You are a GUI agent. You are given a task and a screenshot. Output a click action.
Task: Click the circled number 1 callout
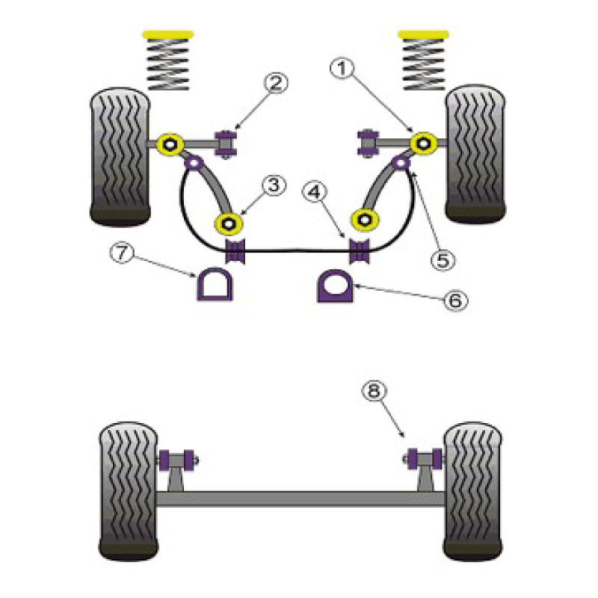point(342,69)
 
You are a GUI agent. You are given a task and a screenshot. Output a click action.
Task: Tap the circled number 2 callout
point(276,83)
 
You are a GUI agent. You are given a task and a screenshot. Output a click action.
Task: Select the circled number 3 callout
point(274,185)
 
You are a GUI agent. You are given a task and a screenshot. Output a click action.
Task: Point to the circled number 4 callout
point(315,192)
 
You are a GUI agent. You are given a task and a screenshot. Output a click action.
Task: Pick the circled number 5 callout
point(443,260)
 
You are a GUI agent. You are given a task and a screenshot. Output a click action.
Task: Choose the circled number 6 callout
point(456,300)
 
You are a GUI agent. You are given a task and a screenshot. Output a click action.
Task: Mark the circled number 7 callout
point(122,253)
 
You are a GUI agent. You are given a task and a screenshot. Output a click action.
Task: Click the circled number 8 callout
point(374,390)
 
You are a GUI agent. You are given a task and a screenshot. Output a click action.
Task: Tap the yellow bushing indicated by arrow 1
point(424,144)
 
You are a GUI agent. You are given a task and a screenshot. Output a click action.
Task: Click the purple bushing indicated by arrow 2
point(226,144)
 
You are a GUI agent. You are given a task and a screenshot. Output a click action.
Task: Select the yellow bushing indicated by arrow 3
point(229,224)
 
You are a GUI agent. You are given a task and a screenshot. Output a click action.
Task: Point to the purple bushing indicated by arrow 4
point(360,250)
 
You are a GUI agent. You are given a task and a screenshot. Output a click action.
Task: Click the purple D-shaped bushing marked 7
point(215,285)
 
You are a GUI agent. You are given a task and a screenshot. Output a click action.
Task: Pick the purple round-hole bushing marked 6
point(335,286)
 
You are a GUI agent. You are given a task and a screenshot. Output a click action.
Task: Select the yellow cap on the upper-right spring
point(422,34)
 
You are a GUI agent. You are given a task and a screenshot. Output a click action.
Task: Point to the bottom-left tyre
point(128,491)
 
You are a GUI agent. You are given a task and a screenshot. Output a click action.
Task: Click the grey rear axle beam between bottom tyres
point(300,499)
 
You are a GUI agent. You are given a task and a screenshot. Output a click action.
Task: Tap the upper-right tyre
point(475,154)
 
